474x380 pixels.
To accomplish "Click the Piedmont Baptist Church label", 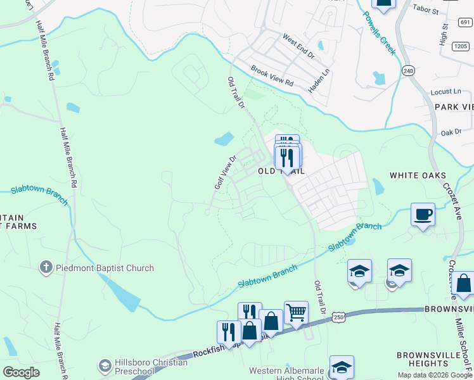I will [105, 268].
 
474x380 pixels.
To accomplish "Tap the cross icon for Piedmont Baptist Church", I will [46, 268].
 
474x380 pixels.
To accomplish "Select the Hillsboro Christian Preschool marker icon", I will [105, 365].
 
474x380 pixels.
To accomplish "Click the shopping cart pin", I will [296, 312].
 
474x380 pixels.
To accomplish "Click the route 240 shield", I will [409, 71].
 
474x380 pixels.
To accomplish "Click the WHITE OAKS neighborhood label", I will [418, 175].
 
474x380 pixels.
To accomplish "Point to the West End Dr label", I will [298, 46].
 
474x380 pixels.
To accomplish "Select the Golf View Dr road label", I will [225, 172].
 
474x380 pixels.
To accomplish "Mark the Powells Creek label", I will [380, 33].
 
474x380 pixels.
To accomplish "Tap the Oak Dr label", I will [451, 132].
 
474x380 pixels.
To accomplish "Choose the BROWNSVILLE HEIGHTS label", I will [428, 359].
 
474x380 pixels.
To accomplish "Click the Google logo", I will [21, 372].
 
